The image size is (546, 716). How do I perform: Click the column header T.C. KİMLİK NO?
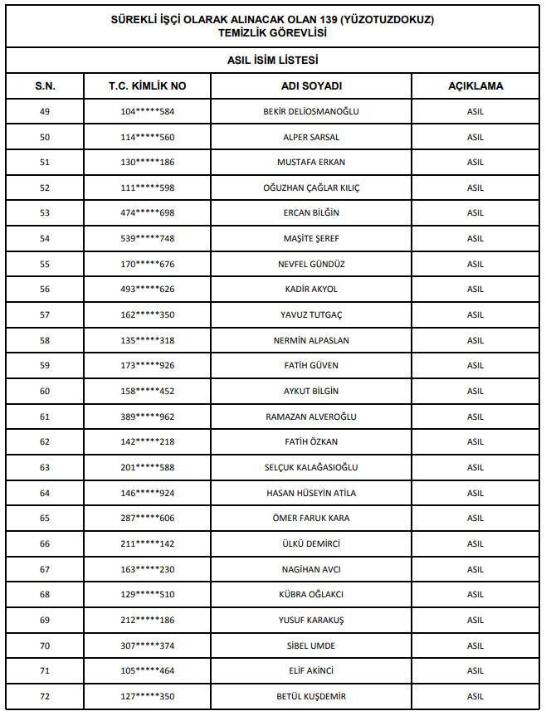(147, 85)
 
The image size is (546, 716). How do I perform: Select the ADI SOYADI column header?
(311, 85)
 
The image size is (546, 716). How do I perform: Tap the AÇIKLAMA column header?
(475, 85)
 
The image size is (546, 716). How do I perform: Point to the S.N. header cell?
(45, 85)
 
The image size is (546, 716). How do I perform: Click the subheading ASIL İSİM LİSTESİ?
(273, 61)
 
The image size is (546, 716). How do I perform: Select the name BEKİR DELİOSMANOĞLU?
(311, 111)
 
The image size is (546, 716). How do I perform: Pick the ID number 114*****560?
(147, 137)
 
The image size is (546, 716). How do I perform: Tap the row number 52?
(45, 188)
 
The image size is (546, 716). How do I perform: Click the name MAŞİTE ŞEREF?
(311, 238)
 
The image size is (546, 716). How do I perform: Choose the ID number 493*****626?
(147, 289)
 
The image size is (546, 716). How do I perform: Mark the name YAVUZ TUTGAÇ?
(311, 314)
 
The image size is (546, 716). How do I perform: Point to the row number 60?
(45, 391)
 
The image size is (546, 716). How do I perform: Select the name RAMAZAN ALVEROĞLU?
(311, 416)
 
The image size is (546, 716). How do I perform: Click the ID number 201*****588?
(147, 467)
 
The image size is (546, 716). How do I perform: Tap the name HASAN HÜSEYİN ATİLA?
(311, 493)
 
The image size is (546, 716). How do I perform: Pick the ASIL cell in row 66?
(475, 543)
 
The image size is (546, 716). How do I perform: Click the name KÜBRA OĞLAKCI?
(311, 594)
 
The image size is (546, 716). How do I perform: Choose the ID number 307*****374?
(147, 645)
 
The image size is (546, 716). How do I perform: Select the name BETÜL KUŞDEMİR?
(311, 696)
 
